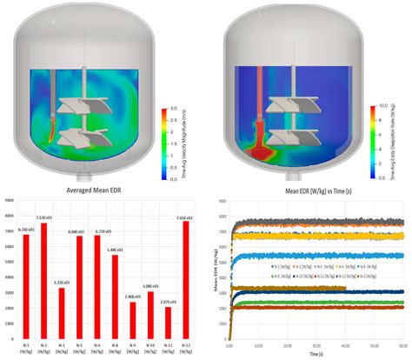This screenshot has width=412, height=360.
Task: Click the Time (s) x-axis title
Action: pos(315,352)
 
